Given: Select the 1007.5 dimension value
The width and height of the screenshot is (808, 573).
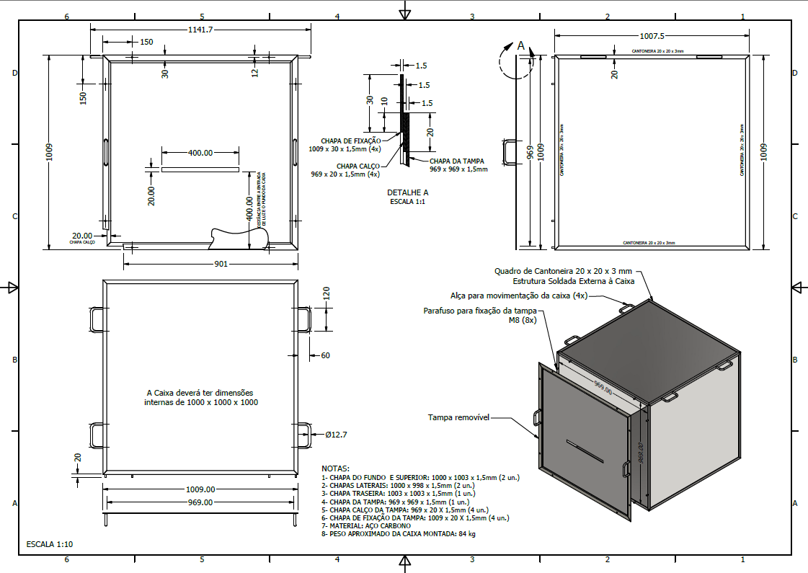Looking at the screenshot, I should click(652, 35).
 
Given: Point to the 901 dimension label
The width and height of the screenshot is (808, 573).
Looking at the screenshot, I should click(221, 264).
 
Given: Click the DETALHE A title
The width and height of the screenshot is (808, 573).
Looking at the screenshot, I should click(407, 192).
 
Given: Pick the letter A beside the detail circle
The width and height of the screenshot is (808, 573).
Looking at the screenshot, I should click(521, 45).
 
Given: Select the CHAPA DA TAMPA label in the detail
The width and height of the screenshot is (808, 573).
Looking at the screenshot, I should click(456, 161).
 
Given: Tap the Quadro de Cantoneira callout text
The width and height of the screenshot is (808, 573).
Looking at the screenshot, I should click(562, 271).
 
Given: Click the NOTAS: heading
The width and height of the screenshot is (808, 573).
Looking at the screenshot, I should click(335, 468).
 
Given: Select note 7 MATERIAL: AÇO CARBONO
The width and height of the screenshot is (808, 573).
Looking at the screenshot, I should click(368, 525).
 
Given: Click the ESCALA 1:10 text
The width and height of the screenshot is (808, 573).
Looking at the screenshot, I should click(49, 544).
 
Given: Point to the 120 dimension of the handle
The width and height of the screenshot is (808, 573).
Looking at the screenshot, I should click(326, 293).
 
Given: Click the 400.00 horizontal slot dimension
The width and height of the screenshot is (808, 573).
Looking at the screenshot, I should click(200, 153).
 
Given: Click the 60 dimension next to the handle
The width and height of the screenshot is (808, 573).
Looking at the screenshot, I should click(325, 355).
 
